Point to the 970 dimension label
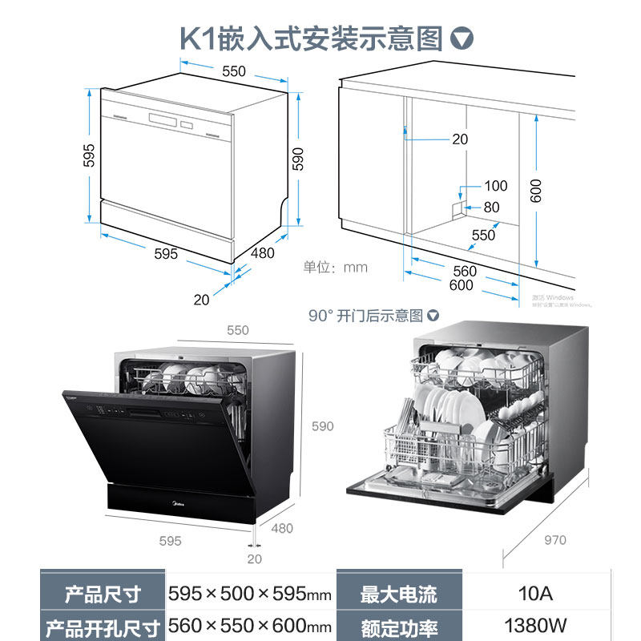(x=554, y=540)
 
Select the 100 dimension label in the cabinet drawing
(x=495, y=186)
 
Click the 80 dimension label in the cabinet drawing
(x=490, y=208)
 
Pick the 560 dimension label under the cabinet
(x=464, y=271)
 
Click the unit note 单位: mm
(x=334, y=267)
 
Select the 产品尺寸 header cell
(x=103, y=595)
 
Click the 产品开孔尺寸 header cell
(x=103, y=626)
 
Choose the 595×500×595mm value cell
(x=249, y=595)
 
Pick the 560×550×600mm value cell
(x=249, y=626)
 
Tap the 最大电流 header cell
(x=398, y=595)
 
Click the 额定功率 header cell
(x=398, y=626)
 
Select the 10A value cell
(x=535, y=595)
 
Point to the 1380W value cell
(x=535, y=626)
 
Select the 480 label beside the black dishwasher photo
(x=282, y=528)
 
